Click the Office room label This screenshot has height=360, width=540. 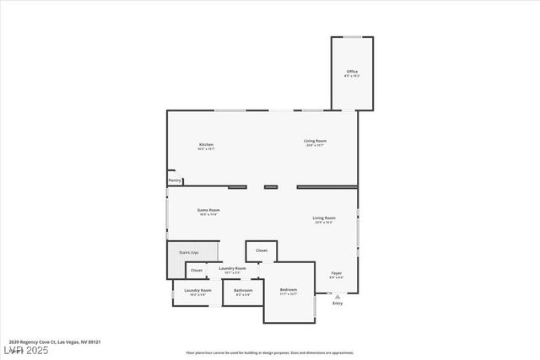[352, 72]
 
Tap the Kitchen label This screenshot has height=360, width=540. [207, 145]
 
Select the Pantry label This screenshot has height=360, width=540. [175, 180]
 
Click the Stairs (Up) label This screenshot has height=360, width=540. [188, 252]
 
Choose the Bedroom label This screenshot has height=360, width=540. [289, 289]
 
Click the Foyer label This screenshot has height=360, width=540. [336, 273]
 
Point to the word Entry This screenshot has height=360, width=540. [337, 304]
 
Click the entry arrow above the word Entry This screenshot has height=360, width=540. [337, 297]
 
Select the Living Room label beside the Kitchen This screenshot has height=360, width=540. [316, 141]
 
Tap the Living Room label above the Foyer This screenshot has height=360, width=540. [324, 218]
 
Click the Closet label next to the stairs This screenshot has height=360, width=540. [196, 271]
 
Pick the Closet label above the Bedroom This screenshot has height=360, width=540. [262, 250]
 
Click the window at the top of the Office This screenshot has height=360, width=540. [352, 37]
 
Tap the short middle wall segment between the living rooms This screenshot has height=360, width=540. [271, 187]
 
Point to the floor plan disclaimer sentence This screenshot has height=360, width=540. [270, 352]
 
